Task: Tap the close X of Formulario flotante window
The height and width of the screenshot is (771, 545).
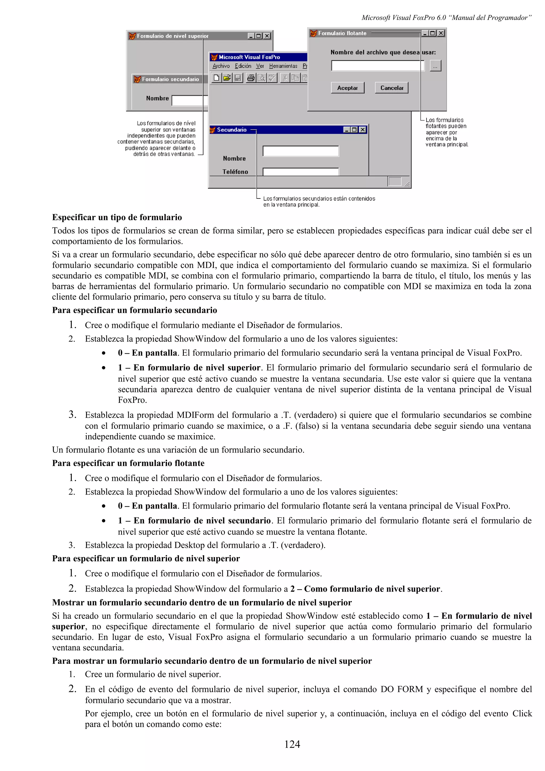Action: click(441, 33)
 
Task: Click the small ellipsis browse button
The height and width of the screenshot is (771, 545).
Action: click(435, 66)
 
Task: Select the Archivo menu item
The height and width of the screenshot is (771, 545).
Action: click(221, 66)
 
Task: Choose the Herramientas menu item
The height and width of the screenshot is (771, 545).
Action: click(283, 66)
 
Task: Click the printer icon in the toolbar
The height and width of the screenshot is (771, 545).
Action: click(250, 78)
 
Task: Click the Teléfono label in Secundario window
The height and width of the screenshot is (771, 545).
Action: click(235, 172)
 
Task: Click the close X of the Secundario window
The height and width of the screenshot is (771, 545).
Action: click(363, 130)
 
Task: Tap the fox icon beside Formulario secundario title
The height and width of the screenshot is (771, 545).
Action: click(137, 79)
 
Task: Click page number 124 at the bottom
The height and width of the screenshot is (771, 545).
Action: click(292, 744)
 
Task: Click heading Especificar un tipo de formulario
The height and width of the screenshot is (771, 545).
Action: click(117, 217)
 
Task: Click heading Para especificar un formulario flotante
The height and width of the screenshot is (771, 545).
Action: click(128, 463)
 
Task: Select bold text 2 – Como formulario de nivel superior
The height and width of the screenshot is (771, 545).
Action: click(365, 589)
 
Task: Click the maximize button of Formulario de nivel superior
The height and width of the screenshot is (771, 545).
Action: click(259, 36)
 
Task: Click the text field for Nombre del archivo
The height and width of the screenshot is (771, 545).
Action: click(377, 66)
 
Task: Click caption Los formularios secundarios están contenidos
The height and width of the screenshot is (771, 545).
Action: click(319, 198)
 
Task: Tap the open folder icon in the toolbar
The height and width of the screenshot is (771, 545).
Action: click(227, 78)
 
